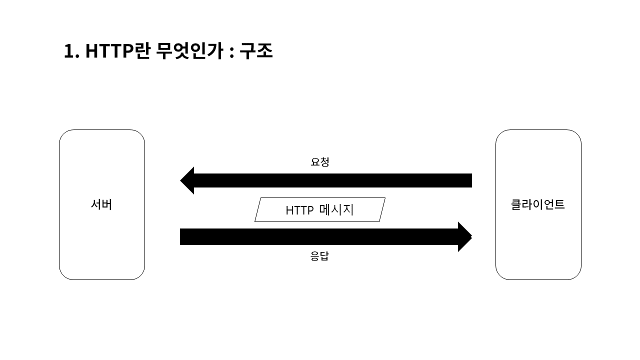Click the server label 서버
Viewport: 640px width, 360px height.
101,204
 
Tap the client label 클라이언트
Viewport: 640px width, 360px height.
538,204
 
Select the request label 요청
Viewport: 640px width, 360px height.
320,162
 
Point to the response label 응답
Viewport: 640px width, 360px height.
320,256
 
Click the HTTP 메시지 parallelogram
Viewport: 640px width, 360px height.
320,209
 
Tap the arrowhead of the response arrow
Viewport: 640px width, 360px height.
464,236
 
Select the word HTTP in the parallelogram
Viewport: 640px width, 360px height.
299,210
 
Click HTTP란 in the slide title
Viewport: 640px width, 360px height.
117,51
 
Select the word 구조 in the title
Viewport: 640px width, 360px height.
256,51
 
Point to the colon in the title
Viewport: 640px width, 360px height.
231,52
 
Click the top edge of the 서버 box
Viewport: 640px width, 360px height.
102,130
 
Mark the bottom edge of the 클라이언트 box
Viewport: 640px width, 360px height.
538,279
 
